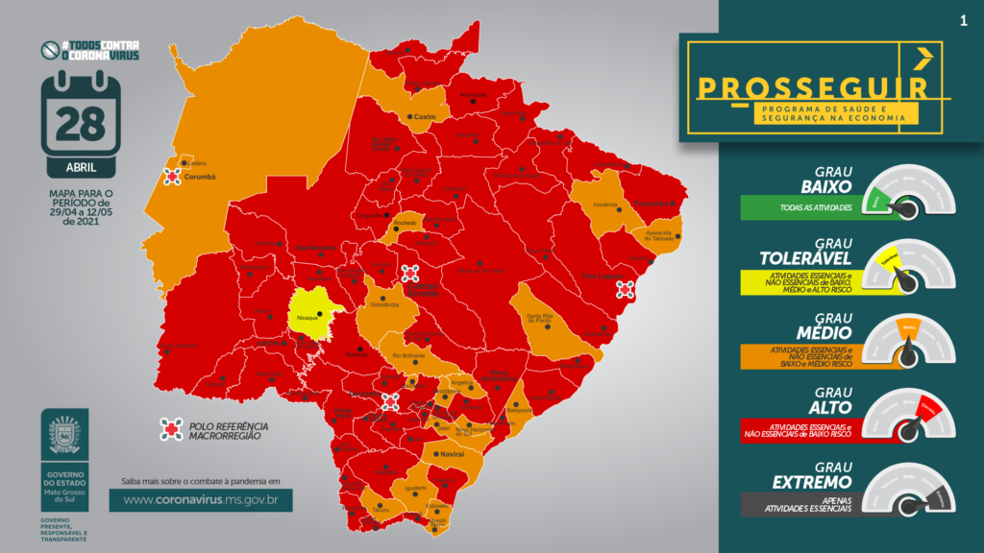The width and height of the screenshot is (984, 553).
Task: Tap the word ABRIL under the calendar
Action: [80, 167]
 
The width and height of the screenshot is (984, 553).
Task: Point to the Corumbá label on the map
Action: [200, 177]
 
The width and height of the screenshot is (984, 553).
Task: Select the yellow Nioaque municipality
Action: [311, 311]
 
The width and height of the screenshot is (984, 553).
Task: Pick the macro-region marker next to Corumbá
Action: [173, 177]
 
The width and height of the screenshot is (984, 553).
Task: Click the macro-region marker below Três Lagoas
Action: [626, 289]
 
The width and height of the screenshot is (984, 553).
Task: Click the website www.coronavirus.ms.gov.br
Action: [200, 499]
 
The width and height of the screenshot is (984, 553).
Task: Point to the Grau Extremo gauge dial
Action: [908, 493]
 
